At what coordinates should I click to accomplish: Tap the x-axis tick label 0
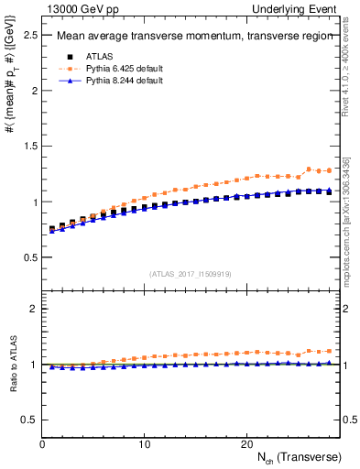pyautogui.click(x=42, y=443)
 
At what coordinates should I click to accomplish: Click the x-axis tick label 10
pyautogui.click(x=144, y=443)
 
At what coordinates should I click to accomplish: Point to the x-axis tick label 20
pyautogui.click(x=245, y=443)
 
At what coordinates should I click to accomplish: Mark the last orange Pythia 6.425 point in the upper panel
pyautogui.click(x=328, y=170)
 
